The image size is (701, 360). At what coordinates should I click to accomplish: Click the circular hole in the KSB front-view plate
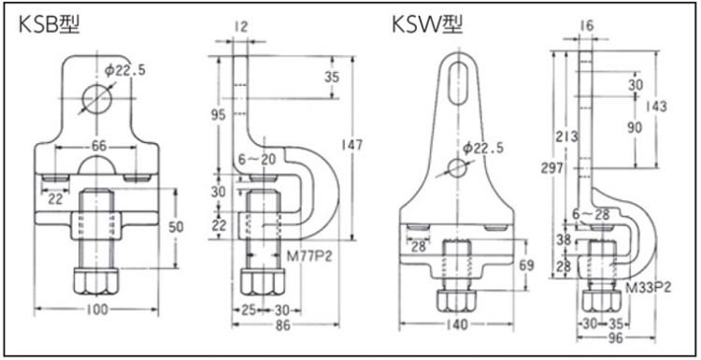click(x=97, y=99)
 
